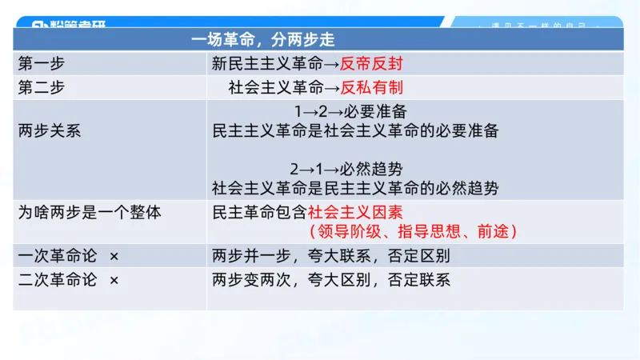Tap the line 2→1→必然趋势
coord(346,169)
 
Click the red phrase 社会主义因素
coord(354,213)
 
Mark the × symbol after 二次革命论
coord(114,280)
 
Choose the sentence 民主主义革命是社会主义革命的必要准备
coord(355,130)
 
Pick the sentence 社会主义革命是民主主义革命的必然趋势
coord(355,189)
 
